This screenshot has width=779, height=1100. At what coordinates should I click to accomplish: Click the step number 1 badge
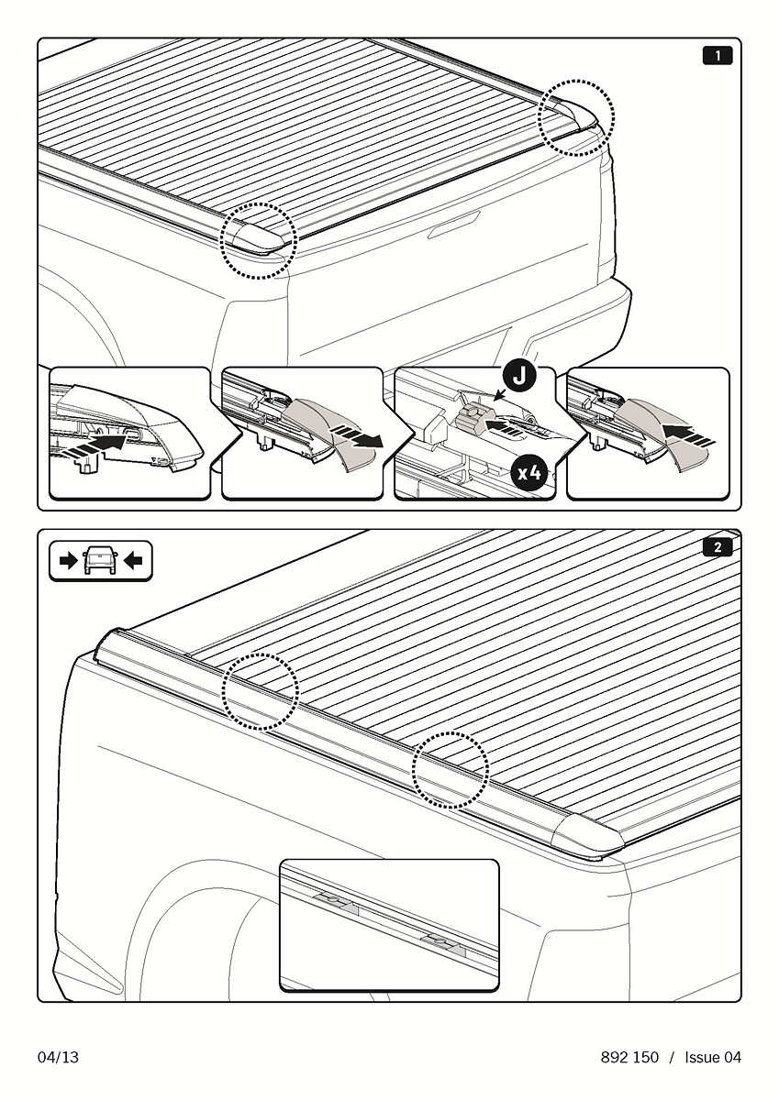click(718, 56)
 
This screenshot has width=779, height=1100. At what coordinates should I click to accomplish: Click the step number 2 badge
click(718, 547)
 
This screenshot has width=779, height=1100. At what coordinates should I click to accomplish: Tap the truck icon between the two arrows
click(100, 560)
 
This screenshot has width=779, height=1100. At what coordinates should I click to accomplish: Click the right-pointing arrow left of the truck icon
click(68, 561)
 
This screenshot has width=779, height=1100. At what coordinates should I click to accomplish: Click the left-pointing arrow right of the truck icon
click(133, 561)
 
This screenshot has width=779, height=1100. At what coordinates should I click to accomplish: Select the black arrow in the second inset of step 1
click(358, 437)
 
